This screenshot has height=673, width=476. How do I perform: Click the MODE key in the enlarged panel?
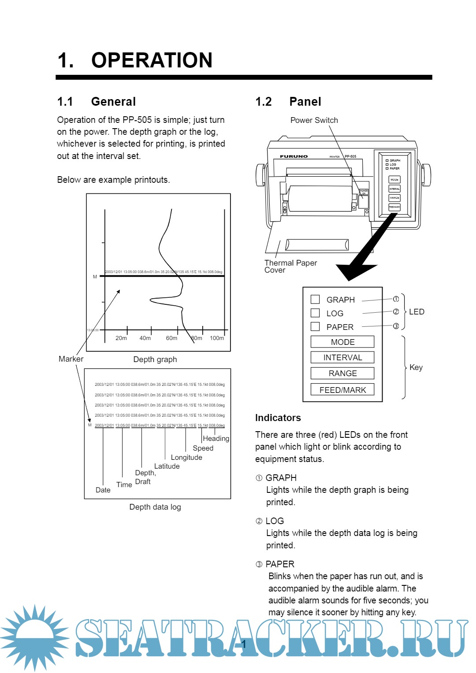(x=342, y=342)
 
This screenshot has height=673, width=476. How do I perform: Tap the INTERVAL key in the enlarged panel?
(x=342, y=357)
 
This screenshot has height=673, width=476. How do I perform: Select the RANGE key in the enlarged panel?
(x=342, y=373)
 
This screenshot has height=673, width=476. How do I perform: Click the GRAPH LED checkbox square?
(x=315, y=300)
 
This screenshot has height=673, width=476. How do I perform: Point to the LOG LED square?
(x=315, y=313)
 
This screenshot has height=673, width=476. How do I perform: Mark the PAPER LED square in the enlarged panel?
(x=315, y=326)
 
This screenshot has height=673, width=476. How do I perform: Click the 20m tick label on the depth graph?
(x=121, y=338)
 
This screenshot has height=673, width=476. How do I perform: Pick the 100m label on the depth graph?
(x=217, y=338)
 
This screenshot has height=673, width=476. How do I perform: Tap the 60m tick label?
(x=171, y=338)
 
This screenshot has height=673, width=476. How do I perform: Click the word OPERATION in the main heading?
(x=152, y=60)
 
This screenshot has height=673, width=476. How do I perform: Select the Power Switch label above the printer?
(x=314, y=120)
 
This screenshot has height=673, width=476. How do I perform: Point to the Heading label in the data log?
(x=216, y=439)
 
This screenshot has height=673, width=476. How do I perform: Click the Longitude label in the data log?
(x=186, y=457)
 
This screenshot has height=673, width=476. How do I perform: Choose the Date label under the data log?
(x=103, y=490)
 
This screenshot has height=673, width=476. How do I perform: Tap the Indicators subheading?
(x=278, y=418)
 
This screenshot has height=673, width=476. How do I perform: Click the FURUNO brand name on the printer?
(x=294, y=156)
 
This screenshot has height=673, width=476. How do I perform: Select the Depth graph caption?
(x=155, y=359)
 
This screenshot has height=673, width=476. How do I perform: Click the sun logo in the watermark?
(x=34, y=637)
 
